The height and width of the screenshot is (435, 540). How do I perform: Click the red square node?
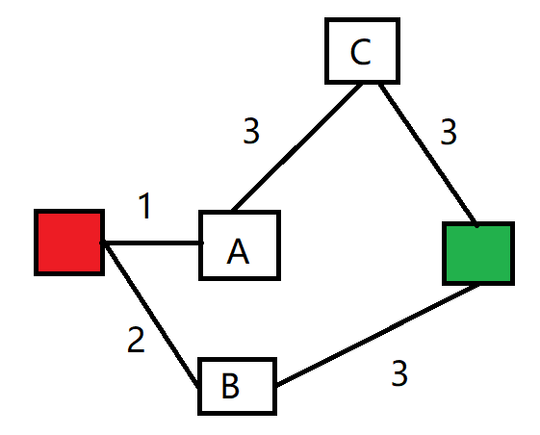pos(68,242)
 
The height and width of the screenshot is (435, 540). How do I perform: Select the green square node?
pos(478,253)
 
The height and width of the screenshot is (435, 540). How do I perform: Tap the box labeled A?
pos(240,245)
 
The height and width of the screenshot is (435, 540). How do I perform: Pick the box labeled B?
pos(237,386)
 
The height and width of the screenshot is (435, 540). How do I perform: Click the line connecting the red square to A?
pos(152,243)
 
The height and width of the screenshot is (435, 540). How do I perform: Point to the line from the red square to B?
pos(151,313)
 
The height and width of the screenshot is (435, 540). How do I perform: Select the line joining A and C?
pos(296,145)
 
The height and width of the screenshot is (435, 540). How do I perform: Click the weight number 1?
pos(144,207)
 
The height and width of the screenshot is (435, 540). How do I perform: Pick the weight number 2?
pos(137,341)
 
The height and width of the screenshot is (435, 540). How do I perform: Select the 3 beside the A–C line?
pos(251,132)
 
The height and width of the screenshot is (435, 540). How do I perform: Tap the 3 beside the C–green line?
pos(448,132)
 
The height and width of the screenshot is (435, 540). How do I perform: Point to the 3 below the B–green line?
pos(399,373)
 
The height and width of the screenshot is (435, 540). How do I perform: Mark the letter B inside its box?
pos(230,386)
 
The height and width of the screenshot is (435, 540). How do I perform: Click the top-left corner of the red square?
pos(38,212)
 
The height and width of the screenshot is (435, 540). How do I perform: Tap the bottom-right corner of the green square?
pos(512,282)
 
